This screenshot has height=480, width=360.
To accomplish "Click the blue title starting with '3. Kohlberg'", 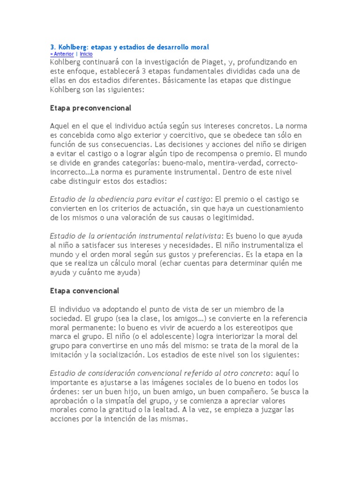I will pos(129,47).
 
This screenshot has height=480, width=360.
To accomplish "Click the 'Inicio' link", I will pos(86,54).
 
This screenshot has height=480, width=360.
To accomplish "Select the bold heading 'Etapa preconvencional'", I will pos(90,108).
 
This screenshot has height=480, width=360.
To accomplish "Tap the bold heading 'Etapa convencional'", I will pos(84,291).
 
